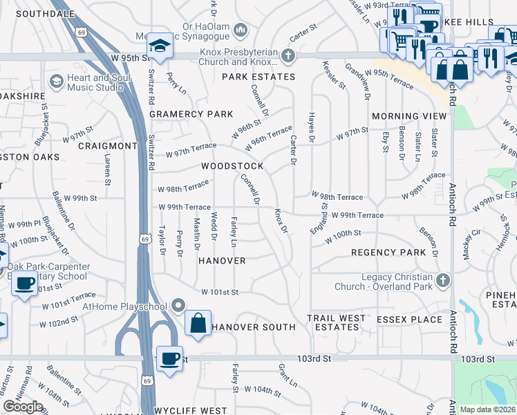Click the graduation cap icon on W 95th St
(x=160, y=47)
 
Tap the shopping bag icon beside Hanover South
(x=198, y=324)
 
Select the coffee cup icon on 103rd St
(x=169, y=359)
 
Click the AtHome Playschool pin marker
(x=179, y=305)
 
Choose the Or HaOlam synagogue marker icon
(x=240, y=30)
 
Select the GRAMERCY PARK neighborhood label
(x=190, y=114)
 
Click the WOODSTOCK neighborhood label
(x=232, y=167)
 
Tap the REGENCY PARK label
(x=388, y=253)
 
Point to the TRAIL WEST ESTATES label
(x=336, y=322)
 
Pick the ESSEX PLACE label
(x=409, y=320)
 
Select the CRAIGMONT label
(x=108, y=146)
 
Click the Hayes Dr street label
(x=312, y=129)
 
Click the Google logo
(x=23, y=407)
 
